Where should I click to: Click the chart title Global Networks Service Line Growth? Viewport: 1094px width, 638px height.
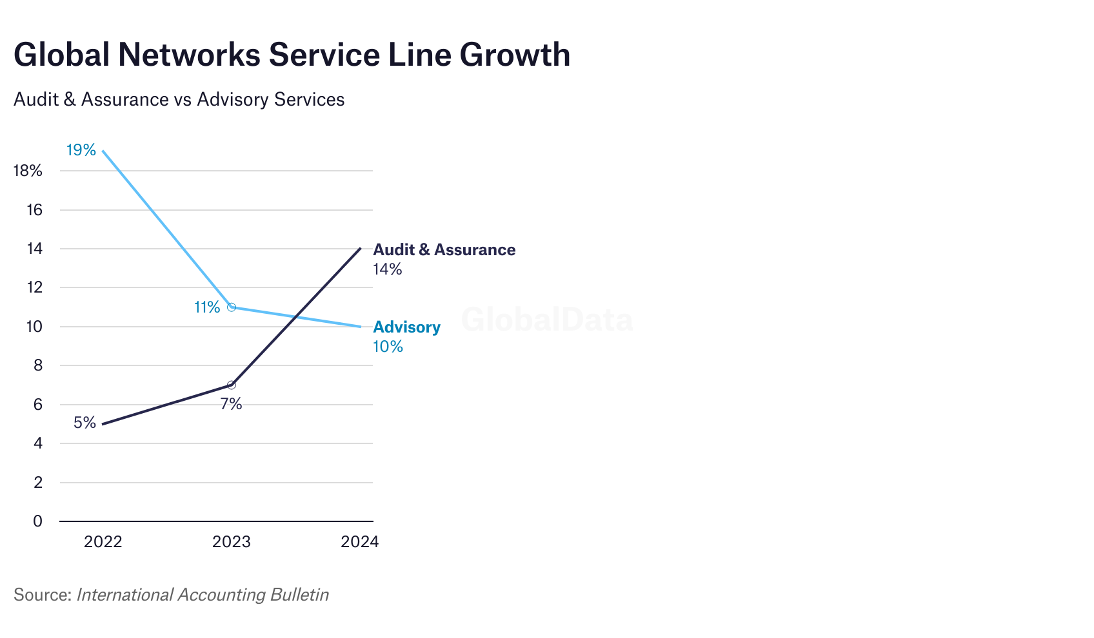[x=292, y=54]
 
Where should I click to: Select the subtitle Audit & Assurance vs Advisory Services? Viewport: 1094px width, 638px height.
[x=179, y=99]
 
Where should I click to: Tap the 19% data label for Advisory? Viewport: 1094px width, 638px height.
[x=81, y=150]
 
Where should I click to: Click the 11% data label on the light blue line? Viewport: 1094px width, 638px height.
[x=207, y=307]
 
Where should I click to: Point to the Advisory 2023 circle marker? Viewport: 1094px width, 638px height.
[x=232, y=307]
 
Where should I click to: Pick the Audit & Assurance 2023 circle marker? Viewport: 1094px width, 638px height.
[x=232, y=385]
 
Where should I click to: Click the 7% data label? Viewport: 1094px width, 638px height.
[x=231, y=404]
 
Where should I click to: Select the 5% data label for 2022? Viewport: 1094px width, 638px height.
[x=85, y=423]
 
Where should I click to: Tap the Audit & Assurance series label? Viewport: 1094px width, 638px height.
[x=444, y=249]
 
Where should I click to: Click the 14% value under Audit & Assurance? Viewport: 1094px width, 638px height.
[x=387, y=269]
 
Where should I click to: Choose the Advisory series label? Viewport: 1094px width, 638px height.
[x=406, y=327]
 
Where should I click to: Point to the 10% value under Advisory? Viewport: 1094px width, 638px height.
[x=388, y=347]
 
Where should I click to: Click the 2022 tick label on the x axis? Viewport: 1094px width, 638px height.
[x=103, y=541]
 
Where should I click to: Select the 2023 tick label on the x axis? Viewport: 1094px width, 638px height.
[x=232, y=541]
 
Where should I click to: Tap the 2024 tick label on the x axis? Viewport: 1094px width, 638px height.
[x=359, y=541]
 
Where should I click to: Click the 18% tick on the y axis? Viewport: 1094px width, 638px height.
[x=28, y=171]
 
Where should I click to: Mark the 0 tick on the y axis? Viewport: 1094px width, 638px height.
[x=37, y=521]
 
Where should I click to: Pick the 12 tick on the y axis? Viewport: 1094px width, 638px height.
[x=34, y=287]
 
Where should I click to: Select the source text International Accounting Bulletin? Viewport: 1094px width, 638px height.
[x=203, y=594]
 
